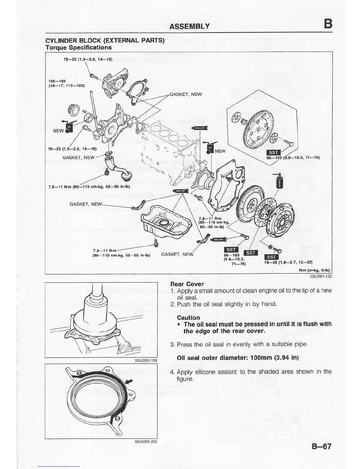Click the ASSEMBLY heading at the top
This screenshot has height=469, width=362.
(189, 26)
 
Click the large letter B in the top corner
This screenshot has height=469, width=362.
(327, 24)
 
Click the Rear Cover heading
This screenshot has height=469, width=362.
(187, 284)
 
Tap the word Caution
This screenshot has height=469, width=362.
(188, 317)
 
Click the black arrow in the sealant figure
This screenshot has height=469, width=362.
(129, 381)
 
